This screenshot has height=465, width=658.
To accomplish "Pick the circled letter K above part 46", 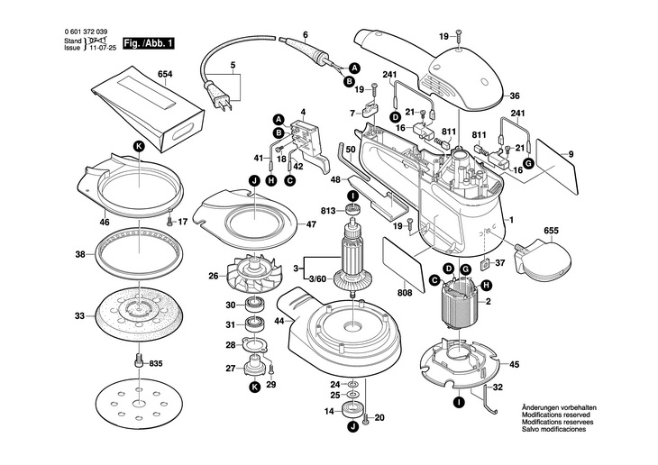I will coord(139,145).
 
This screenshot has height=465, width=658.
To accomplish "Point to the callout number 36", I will coord(515,96).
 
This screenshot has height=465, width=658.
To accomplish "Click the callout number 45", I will coord(515,365).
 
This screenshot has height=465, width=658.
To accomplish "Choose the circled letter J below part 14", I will coord(353,430).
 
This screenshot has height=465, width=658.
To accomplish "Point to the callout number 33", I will coord(79,316).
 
